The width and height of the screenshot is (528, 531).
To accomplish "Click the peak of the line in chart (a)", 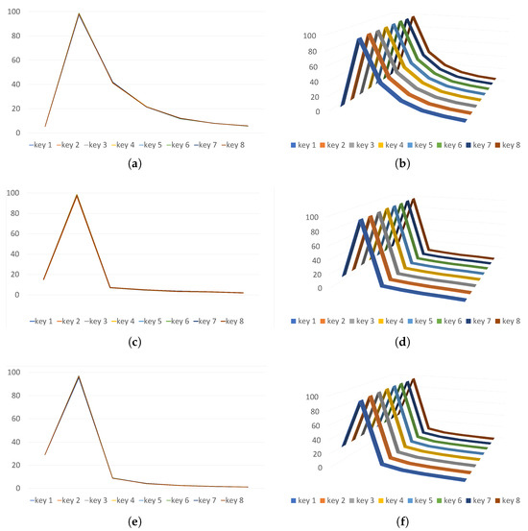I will coord(79,13).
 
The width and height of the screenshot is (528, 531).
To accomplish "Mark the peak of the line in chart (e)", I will coord(78,376).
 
